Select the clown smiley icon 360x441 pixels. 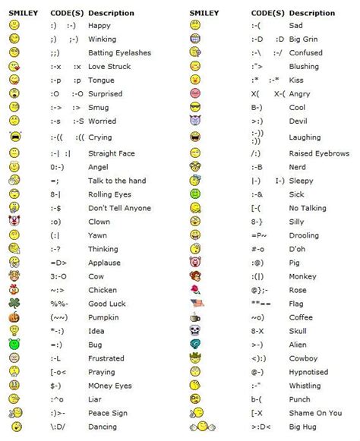point(14,221)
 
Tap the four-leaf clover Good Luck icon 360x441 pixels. point(14,303)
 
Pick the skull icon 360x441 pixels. point(194,330)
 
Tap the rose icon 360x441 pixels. point(195,289)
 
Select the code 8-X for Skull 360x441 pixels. point(258,330)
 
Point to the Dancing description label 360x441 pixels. point(104,426)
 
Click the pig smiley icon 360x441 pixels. point(195,262)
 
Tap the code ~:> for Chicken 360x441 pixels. point(59,289)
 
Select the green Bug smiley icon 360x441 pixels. point(14,344)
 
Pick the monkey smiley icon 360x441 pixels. point(195,276)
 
